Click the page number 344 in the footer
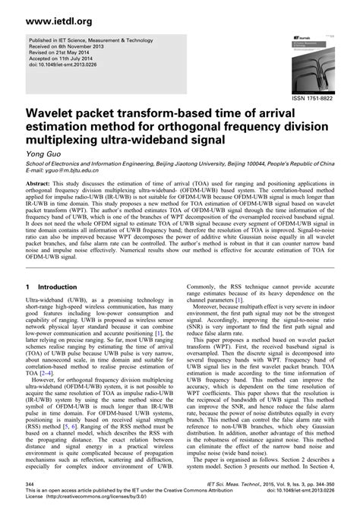coord(31,482)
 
